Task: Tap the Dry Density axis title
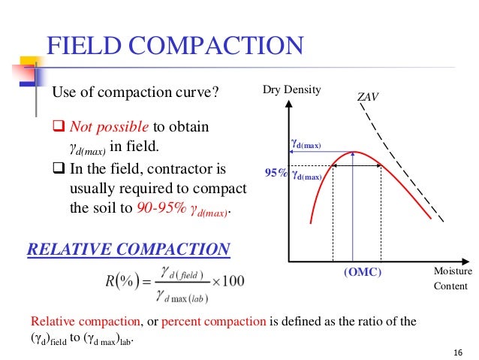pos(291,90)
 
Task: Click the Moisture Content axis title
pos(450,279)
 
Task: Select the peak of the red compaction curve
pos(353,153)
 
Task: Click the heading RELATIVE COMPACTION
pos(128,249)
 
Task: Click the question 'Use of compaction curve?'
pos(134,93)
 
